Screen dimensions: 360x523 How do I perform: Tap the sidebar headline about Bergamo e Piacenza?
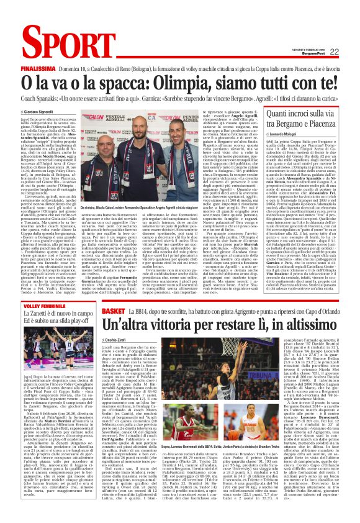[x=300, y=118]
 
